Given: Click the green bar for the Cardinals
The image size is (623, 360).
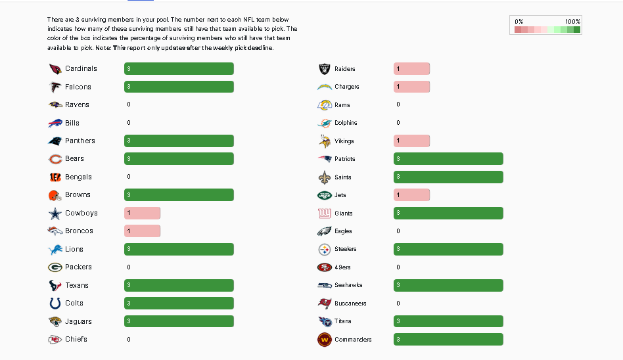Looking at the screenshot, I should point(179,69).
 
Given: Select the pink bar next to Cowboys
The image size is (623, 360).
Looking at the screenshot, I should point(142,213).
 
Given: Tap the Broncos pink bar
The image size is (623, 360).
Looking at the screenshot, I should point(142,231).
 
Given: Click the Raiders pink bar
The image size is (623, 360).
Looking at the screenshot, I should point(411,69).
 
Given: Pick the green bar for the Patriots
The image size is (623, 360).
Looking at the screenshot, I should point(448,159).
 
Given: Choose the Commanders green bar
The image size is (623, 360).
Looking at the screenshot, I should point(448,340).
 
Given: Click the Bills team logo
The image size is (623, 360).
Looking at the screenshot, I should point(55,123).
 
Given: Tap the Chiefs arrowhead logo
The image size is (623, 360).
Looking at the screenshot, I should point(55,340).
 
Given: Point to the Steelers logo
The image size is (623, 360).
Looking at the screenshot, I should point(325,250).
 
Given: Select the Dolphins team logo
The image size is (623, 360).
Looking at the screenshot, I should point(325,123).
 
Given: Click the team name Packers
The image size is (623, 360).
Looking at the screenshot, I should point(78,267).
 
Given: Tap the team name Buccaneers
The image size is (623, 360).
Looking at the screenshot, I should point(350,304).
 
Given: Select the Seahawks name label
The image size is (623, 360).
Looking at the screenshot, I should point(348,285).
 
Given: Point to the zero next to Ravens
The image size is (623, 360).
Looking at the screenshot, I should point(129,104).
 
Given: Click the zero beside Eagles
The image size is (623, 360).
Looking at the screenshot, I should point(398,231).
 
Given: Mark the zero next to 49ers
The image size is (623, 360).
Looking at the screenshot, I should point(398,267).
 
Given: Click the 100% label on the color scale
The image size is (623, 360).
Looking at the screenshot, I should point(572,22).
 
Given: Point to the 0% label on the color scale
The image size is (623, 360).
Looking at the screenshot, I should point(519,22).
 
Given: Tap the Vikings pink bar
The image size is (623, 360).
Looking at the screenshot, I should point(411,141).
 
